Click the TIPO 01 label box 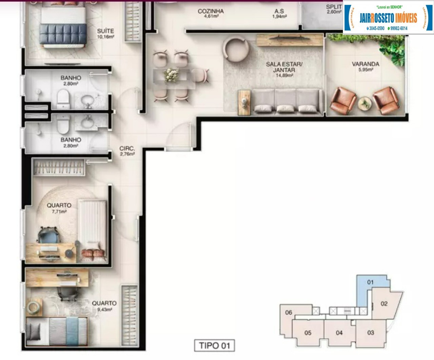pos(214,345)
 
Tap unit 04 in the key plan pos(339,333)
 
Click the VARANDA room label pos(366,64)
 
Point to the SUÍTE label pos(105,31)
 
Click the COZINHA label pos(211,11)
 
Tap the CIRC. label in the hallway pos(127,149)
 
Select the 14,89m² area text pos(284,75)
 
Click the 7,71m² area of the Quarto pos(59,211)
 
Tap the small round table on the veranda pos(365,103)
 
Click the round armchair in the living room pos(236,50)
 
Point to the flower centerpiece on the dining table pos(171,75)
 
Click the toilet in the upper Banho pos(63,99)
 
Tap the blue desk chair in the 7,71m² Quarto pos(48,235)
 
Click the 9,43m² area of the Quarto pos(104,309)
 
